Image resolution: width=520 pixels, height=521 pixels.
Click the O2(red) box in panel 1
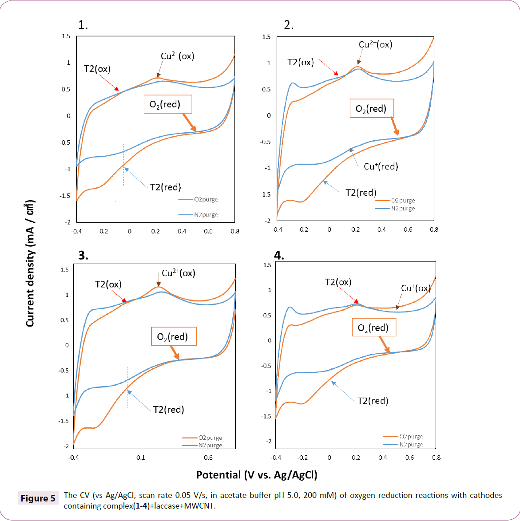tap(168, 104)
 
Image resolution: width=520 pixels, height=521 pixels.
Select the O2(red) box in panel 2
tap(371, 108)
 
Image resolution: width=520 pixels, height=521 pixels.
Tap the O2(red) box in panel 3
tap(173, 337)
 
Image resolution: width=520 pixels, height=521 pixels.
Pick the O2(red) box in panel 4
tap(373, 328)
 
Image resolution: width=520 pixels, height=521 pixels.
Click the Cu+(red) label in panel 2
tap(381, 166)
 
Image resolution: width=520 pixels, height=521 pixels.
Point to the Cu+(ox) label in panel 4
tap(416, 288)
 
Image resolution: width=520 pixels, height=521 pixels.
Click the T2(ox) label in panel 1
tap(97, 69)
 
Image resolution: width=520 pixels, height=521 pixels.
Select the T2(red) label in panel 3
tap(169, 410)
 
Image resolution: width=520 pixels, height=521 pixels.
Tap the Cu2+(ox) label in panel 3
tap(179, 273)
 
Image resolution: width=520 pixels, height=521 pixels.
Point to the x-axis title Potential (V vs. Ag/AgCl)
tap(257, 475)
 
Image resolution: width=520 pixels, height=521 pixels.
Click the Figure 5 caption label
tap(38, 498)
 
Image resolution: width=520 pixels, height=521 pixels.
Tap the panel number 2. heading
tap(289, 25)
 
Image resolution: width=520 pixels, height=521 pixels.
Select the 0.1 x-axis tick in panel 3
tap(141, 458)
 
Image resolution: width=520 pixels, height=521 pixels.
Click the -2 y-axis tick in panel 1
tap(68, 222)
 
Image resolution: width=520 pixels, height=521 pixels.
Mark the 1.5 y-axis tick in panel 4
tap(267, 265)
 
